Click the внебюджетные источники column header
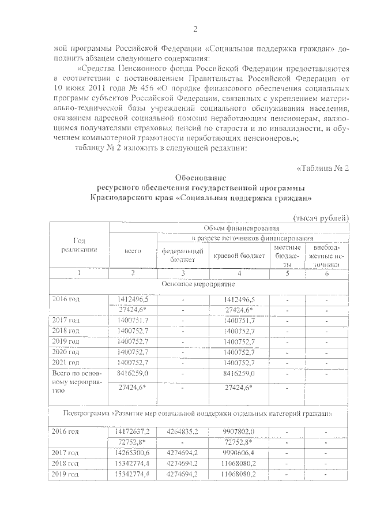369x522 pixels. click(x=326, y=255)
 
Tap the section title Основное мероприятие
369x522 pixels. click(x=199, y=284)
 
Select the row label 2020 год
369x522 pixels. click(x=65, y=352)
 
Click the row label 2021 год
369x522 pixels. click(x=65, y=362)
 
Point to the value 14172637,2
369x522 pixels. click(x=132, y=431)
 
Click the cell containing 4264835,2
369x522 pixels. click(x=182, y=431)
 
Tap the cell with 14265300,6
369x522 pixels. click(x=132, y=453)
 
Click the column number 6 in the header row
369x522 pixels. click(x=326, y=272)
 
